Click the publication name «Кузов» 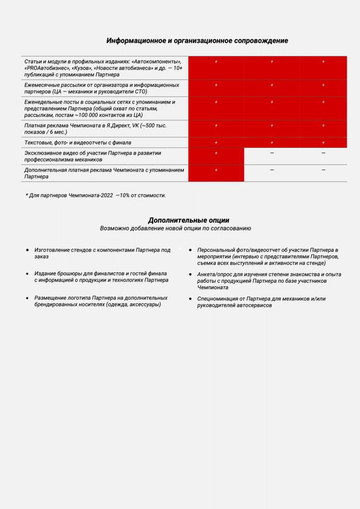(x=81, y=68)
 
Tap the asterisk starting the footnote (x=27, y=195)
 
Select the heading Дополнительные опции (x=188, y=220)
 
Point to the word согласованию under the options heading (x=231, y=229)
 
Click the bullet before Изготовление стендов (x=27, y=250)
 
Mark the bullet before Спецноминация (x=190, y=299)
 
